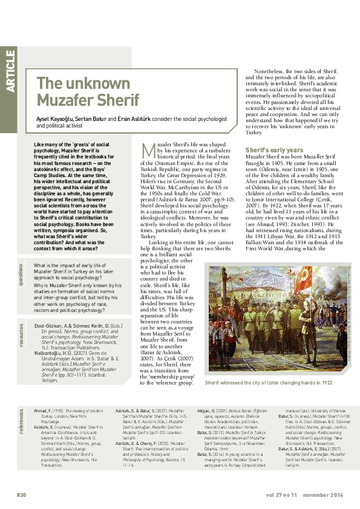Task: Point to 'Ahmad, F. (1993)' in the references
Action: [x=45, y=392]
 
